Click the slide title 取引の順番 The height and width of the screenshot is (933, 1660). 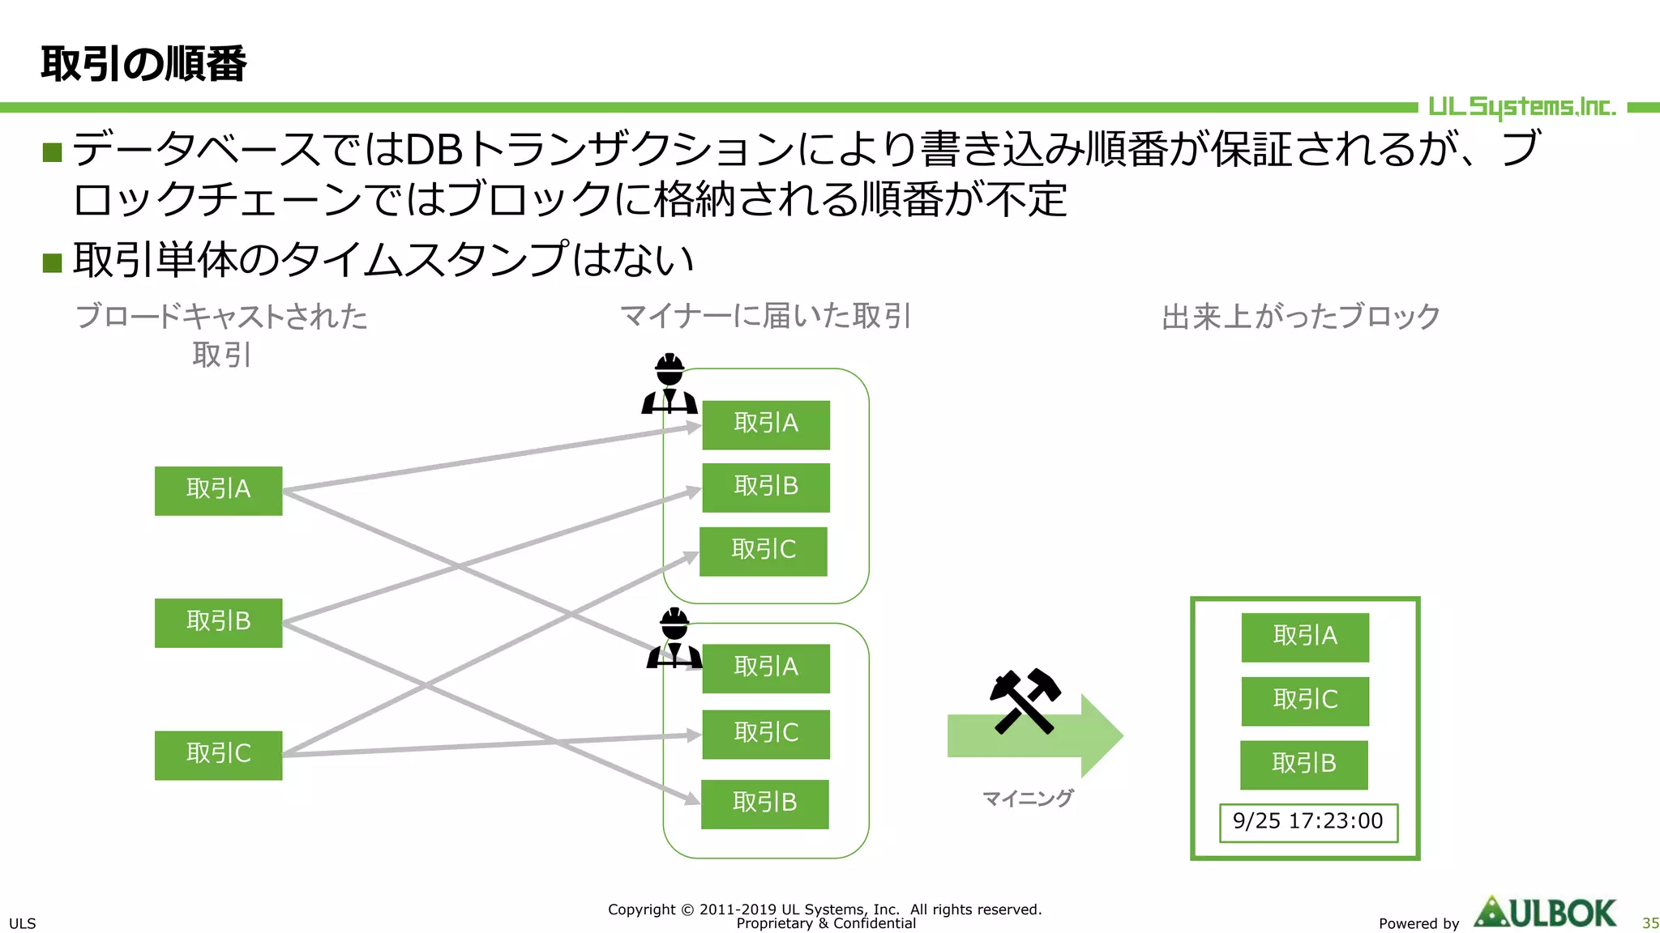143,64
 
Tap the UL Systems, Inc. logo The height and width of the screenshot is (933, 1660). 1521,107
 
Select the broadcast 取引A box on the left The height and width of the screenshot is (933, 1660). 218,490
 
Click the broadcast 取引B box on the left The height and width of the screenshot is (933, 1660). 218,622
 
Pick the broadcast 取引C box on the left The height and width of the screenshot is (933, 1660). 218,755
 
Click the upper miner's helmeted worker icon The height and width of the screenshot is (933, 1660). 670,384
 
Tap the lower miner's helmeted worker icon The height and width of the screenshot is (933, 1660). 674,638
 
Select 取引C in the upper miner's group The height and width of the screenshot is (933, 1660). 763,551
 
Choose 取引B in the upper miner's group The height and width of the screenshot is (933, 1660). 765,487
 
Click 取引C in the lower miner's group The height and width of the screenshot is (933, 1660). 765,734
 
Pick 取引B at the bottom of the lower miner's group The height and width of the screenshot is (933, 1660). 764,803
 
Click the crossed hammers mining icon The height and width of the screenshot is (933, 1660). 1025,701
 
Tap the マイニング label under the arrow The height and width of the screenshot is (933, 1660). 1027,799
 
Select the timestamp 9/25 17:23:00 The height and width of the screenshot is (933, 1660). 1307,822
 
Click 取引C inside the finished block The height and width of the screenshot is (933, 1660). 1304,701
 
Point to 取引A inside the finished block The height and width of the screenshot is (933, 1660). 1304,637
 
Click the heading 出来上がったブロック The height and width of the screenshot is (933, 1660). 1300,317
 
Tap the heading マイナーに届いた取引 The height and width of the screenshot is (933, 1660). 766,316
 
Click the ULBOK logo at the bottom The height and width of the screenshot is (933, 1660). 1545,913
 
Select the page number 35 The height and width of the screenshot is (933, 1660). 1649,923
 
